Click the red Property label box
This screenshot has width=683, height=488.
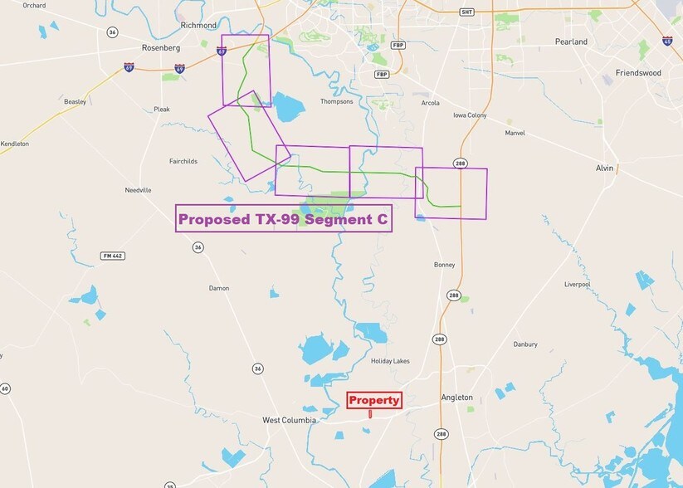coord(373,400)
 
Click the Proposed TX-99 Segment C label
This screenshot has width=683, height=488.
coord(283,219)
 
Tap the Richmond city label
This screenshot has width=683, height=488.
coord(198,26)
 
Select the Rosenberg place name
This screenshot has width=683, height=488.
coord(162,47)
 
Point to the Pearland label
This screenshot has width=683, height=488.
coord(572,41)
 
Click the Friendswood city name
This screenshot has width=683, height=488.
coord(638,73)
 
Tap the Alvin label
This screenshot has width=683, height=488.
coord(604,168)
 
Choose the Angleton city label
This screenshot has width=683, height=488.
coord(456,398)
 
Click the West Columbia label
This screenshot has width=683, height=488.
coord(289,420)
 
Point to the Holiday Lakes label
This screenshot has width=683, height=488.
coord(390,361)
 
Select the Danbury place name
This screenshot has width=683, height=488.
coord(524,344)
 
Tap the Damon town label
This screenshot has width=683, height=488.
coord(219,288)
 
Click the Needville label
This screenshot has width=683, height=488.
coord(138,190)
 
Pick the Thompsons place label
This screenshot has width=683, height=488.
coord(336,101)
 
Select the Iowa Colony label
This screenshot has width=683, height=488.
coord(470,115)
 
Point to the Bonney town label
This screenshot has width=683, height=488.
coord(444,265)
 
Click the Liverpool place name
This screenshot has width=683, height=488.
coord(577,284)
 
